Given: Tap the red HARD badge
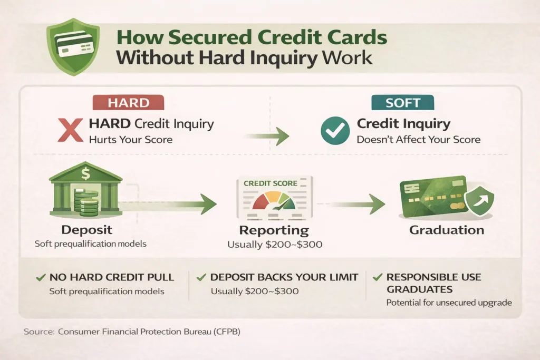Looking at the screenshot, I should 128,103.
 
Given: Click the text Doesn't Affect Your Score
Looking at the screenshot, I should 418,140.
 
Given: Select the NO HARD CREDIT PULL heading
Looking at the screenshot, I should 111,277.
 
